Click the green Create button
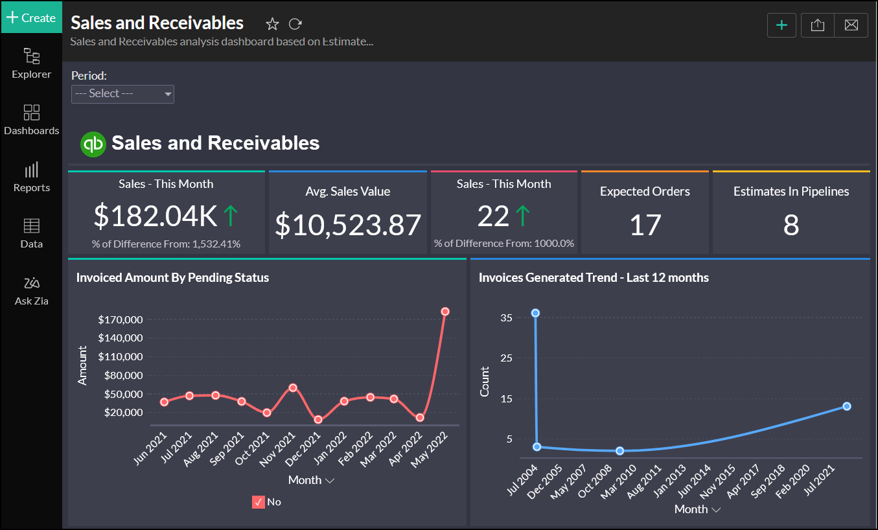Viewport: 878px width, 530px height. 31,17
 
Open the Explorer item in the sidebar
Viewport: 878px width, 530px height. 31,63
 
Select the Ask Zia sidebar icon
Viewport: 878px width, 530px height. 31,290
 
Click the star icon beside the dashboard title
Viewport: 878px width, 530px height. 272,24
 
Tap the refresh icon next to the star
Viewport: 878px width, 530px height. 295,24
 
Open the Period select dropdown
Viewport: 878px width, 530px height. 122,94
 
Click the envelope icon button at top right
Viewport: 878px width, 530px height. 851,25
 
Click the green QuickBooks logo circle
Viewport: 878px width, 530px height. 93,143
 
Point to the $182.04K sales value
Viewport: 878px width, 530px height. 156,216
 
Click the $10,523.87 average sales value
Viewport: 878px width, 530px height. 348,225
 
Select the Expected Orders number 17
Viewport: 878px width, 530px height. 645,225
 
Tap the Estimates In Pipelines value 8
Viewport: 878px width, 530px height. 791,225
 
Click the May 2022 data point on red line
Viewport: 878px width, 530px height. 445,312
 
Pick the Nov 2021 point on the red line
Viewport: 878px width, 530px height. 293,387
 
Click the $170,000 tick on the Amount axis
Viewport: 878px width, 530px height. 121,319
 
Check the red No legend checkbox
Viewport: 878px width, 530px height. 259,501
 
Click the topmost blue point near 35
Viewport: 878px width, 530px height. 535,313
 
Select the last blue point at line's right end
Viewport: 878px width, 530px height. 846,406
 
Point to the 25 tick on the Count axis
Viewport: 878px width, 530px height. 506,358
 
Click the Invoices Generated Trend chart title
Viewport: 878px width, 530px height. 594,278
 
